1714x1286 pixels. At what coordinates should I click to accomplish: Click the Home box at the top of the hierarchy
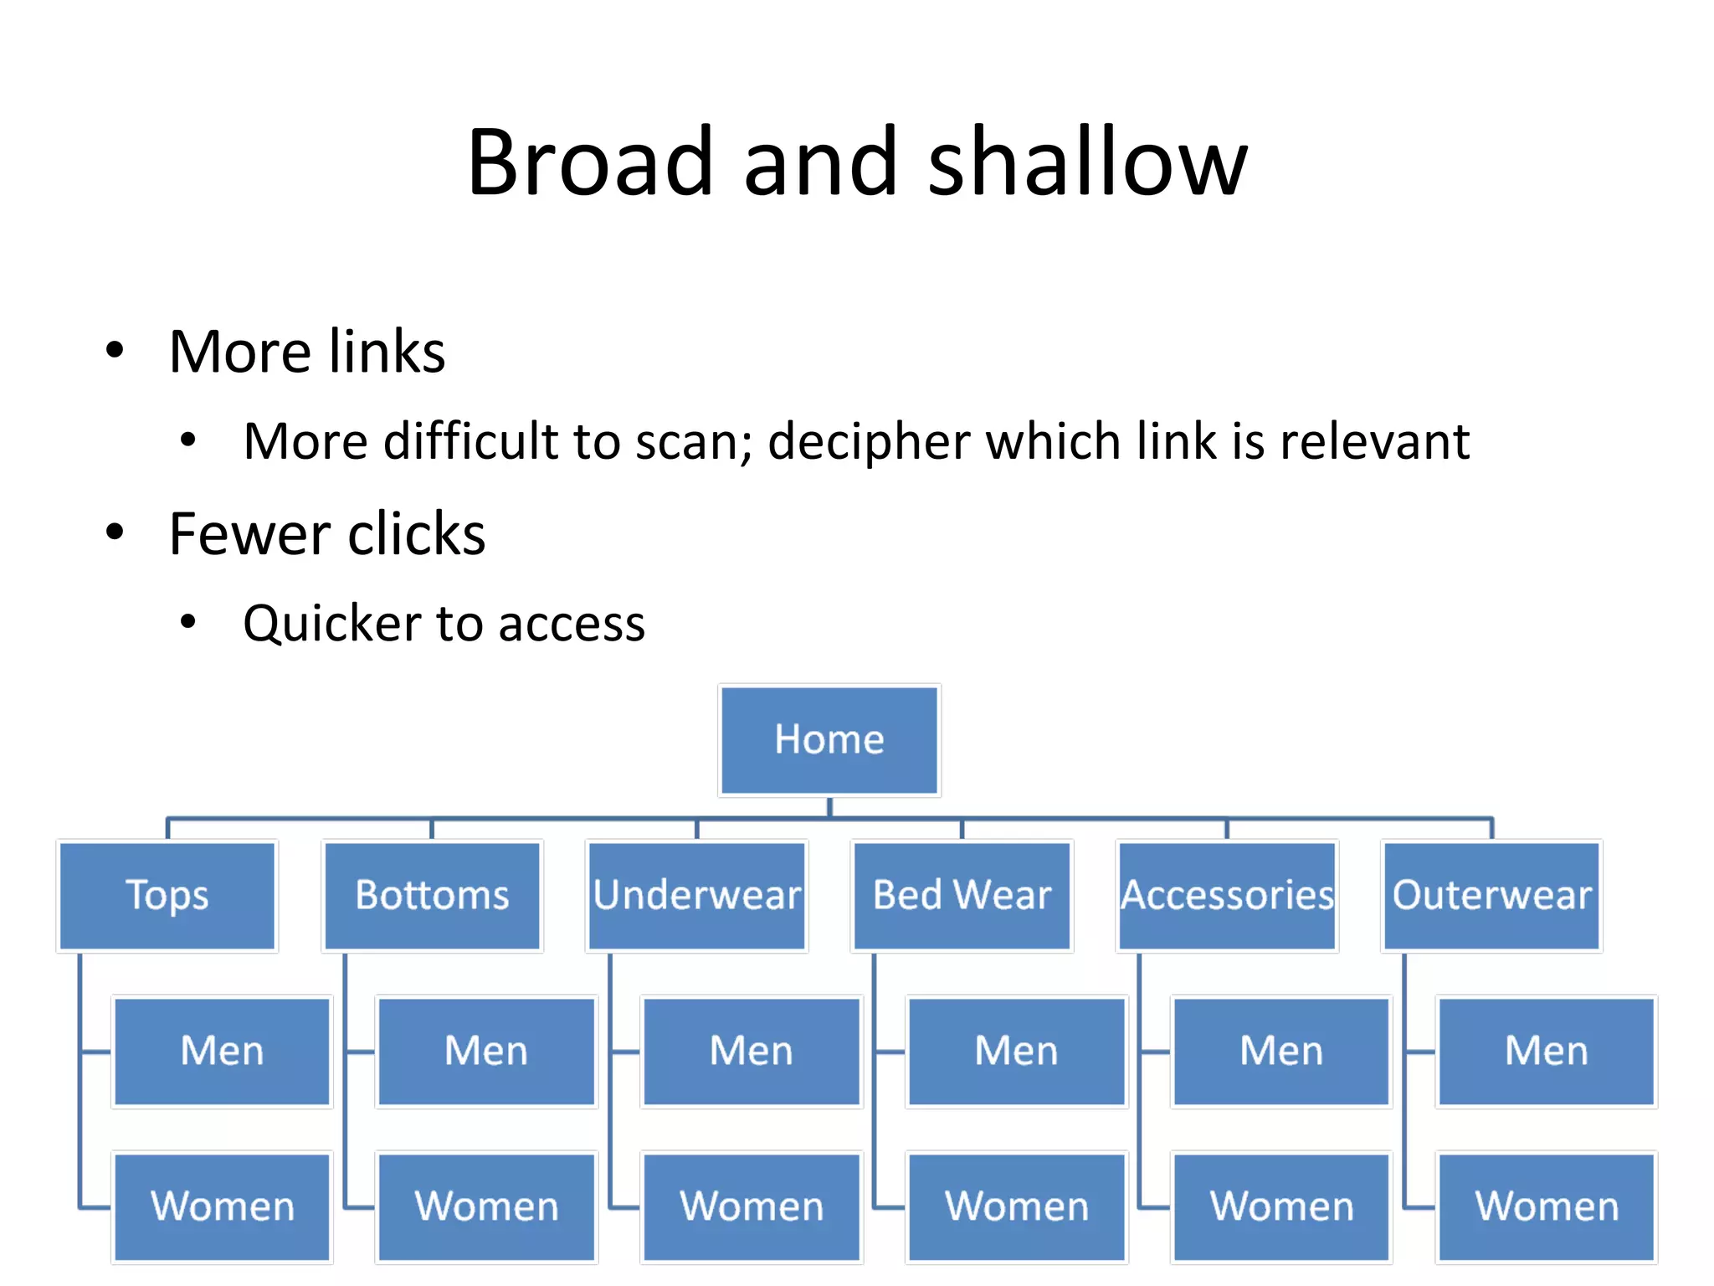click(x=829, y=740)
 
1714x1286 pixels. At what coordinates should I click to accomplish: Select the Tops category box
click(x=167, y=895)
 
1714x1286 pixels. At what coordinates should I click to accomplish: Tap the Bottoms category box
click(x=432, y=895)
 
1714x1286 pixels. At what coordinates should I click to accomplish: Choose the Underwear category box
click(x=696, y=895)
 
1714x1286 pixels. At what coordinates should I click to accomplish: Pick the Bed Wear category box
click(x=962, y=895)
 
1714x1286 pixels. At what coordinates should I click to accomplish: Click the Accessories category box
click(x=1227, y=895)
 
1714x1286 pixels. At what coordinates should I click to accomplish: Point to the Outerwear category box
click(x=1491, y=895)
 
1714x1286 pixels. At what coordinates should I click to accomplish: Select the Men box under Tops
click(x=222, y=1051)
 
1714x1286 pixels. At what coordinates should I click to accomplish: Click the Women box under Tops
click(x=222, y=1206)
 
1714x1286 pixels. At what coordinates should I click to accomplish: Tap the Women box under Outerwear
click(x=1546, y=1206)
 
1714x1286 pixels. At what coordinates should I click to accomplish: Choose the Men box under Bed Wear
click(x=1016, y=1051)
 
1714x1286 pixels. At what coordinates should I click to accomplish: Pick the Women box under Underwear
click(x=752, y=1206)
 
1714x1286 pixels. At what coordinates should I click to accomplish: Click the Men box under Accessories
click(x=1280, y=1051)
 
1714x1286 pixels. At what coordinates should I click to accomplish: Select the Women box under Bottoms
click(x=486, y=1206)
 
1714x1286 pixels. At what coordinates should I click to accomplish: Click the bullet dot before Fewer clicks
click(x=115, y=532)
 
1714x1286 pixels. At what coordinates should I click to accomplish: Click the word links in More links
click(x=387, y=352)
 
